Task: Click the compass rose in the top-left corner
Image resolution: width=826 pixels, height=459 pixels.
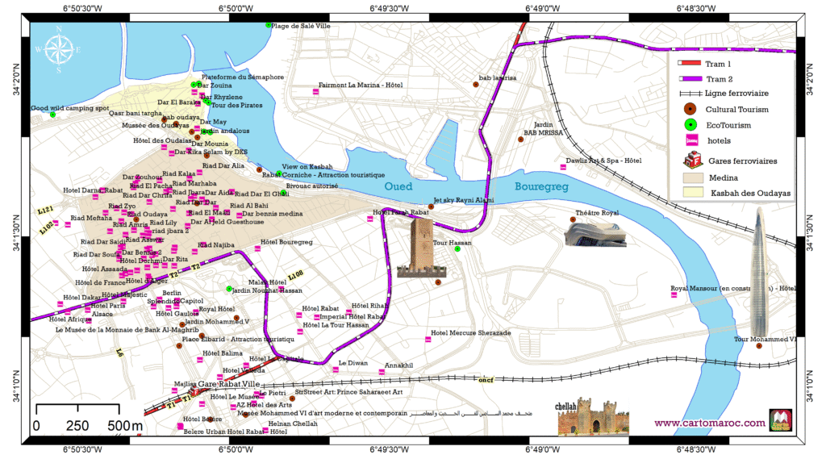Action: point(58,49)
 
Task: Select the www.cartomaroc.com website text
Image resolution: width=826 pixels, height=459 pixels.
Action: point(709,422)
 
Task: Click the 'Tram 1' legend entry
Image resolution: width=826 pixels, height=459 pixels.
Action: point(718,64)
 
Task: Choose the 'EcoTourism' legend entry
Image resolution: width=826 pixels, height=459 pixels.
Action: point(728,125)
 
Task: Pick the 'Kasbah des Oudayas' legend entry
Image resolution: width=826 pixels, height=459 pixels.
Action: point(749,193)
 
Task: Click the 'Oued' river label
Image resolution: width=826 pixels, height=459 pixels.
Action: point(398,186)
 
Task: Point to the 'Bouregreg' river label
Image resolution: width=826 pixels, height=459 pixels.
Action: point(542,186)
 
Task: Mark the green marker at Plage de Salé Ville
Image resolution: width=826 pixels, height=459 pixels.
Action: point(269,25)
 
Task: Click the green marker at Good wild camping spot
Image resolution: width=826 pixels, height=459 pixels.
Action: point(52,115)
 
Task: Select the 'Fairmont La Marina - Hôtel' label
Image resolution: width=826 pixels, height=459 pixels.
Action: point(360,85)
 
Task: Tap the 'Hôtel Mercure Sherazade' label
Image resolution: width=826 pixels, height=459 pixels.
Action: point(470,333)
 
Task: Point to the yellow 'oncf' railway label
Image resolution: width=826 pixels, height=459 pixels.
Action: point(486,379)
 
